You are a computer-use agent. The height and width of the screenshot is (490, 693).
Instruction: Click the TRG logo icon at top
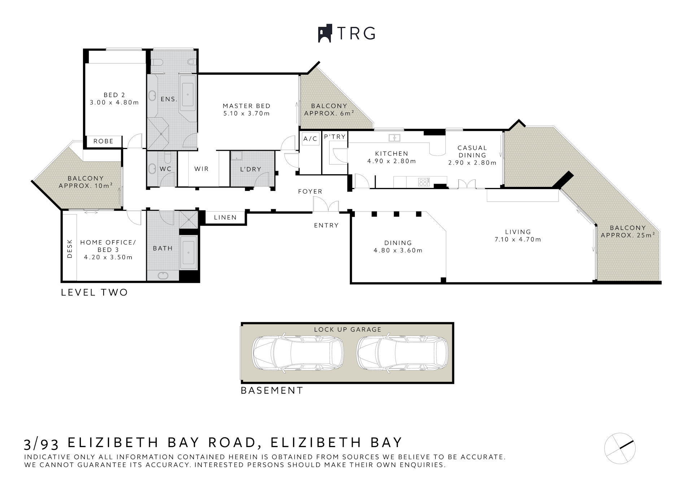324,34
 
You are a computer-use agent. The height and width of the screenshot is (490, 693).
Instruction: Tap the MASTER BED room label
247,106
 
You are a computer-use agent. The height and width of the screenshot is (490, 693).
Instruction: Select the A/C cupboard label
310,139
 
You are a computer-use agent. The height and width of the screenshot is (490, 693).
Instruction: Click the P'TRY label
335,137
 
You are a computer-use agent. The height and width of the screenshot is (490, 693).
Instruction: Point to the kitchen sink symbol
395,138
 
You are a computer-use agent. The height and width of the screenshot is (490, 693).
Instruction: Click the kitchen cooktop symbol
424,182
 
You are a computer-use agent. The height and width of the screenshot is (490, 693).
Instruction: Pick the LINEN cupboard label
225,218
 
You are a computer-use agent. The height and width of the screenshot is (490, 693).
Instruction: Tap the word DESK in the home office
70,249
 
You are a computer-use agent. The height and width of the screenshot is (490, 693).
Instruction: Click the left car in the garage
298,353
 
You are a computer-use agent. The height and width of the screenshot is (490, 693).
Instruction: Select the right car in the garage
402,353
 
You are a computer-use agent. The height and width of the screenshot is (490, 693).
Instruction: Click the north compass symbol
620,449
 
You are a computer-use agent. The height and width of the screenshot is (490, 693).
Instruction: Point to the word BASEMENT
272,390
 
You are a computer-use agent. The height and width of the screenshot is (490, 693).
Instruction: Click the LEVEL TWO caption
94,292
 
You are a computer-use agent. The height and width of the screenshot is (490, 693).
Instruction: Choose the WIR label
201,169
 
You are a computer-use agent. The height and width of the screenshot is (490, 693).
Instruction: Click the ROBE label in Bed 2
103,141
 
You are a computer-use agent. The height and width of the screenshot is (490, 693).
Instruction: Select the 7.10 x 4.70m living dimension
518,239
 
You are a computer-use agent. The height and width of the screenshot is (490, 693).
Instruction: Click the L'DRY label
250,169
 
